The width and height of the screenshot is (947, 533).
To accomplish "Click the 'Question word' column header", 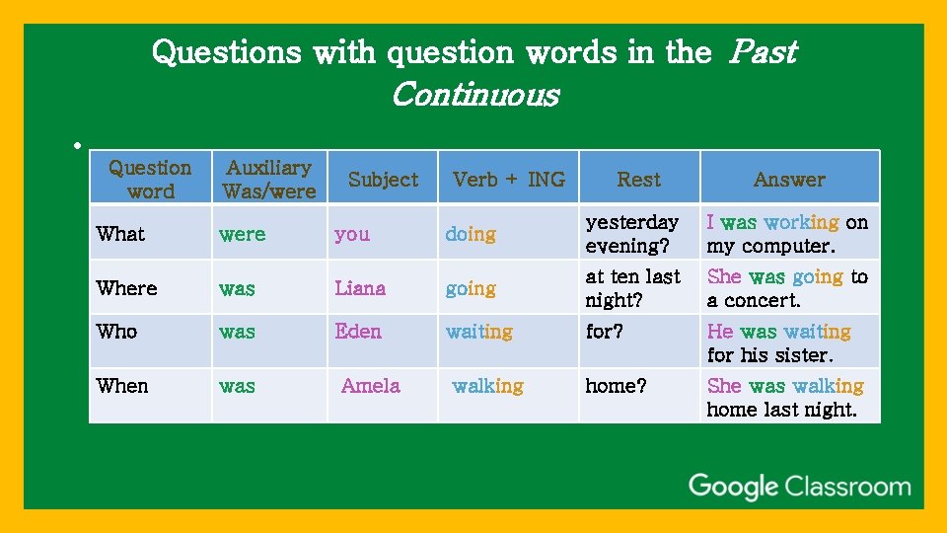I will [x=150, y=179].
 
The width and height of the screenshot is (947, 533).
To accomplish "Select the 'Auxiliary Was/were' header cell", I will [x=268, y=179].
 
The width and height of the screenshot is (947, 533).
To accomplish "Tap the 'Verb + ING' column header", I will [x=508, y=179].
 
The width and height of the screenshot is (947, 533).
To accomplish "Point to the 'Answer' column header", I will [x=788, y=179].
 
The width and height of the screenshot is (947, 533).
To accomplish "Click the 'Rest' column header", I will [x=638, y=179].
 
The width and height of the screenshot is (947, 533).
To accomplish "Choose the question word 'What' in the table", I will [x=120, y=234].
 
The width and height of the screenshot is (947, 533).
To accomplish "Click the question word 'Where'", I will [x=126, y=288].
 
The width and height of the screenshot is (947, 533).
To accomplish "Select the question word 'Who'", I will [x=116, y=332].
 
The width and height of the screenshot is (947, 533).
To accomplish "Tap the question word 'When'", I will [x=121, y=386].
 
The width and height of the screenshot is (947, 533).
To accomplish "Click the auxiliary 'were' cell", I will [x=242, y=234].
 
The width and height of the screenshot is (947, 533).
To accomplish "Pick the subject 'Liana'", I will [x=360, y=288].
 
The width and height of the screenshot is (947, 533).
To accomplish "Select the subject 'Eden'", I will [x=357, y=332].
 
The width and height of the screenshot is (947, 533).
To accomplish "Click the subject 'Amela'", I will [x=370, y=386].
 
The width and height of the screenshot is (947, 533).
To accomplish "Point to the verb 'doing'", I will [x=471, y=234].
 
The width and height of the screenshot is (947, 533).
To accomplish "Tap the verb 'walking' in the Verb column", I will [x=487, y=386].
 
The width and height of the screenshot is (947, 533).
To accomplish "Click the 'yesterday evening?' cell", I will [x=632, y=234].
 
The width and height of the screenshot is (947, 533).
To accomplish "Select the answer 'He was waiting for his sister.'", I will [x=778, y=343].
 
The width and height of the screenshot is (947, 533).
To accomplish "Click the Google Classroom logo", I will [x=799, y=487].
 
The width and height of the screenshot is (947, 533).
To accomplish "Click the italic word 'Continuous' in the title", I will [x=474, y=95].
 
